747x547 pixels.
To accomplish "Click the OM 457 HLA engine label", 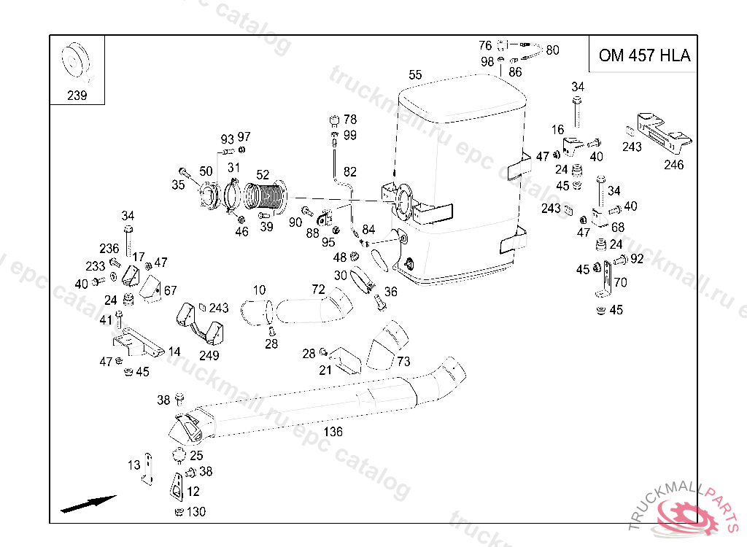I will click(643, 55).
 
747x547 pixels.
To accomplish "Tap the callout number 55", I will click(415, 74).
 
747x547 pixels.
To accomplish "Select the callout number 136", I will click(333, 432).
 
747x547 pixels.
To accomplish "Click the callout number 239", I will click(77, 96).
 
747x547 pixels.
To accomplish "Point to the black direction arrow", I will click(88, 503).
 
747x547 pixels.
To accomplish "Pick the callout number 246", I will click(673, 165).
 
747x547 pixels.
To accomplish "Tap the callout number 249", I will click(209, 356).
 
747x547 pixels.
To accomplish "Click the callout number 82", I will click(350, 172).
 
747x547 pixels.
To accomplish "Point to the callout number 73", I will click(403, 361).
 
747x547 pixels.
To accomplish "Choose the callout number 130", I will click(196, 512).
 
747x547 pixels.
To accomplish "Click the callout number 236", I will click(109, 249).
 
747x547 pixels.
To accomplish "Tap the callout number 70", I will click(620, 282).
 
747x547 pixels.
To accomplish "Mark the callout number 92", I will click(637, 258).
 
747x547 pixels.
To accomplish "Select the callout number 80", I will click(552, 50).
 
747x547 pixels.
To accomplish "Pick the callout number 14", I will click(174, 352).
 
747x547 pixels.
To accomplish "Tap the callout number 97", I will click(244, 136).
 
